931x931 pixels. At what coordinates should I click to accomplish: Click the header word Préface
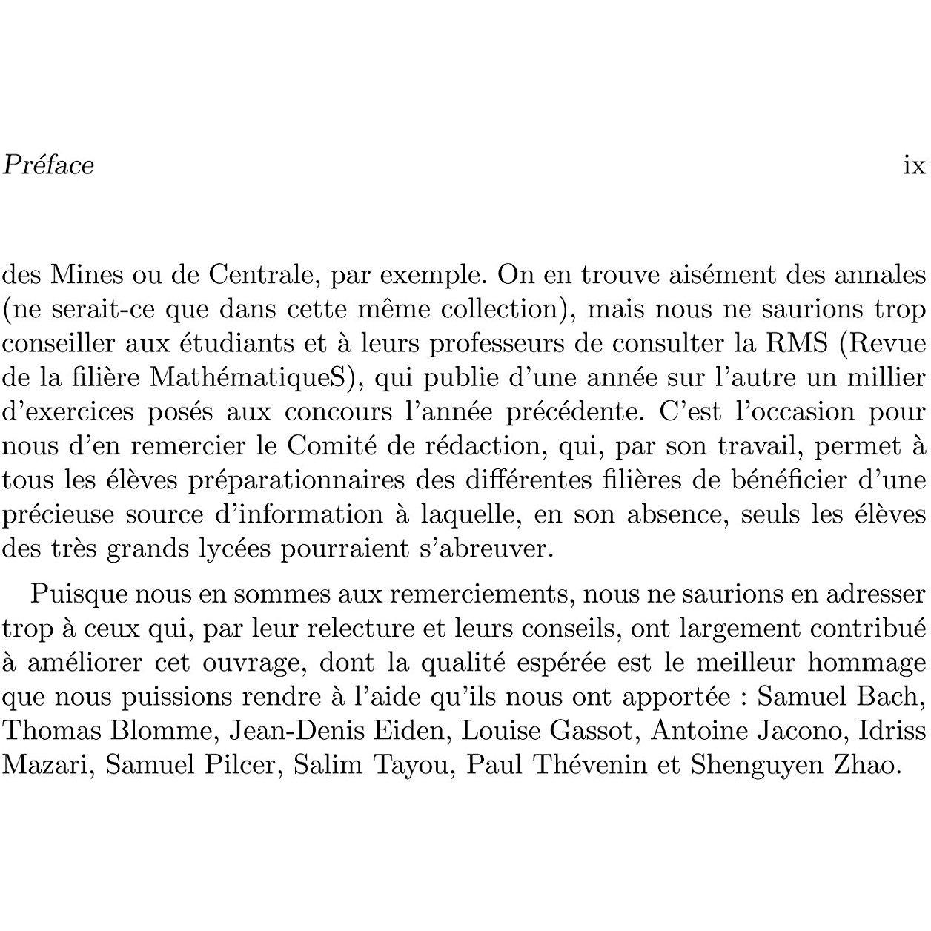click(48, 165)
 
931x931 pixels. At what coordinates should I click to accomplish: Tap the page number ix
click(915, 165)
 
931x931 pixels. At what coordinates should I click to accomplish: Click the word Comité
click(331, 445)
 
